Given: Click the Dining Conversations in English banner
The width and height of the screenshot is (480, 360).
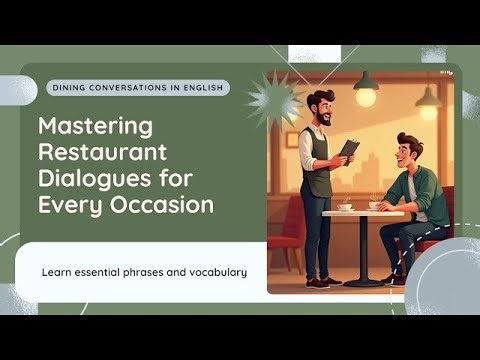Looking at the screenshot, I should coord(137,88).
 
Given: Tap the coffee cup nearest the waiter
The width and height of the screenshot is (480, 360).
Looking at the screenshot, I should coord(344,206).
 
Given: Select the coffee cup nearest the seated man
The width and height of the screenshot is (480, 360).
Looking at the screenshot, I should coord(375,205).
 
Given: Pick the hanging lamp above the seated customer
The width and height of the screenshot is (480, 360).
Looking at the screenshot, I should coord(428,99).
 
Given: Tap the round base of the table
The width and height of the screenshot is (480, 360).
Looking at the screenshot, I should coord(362,283).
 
